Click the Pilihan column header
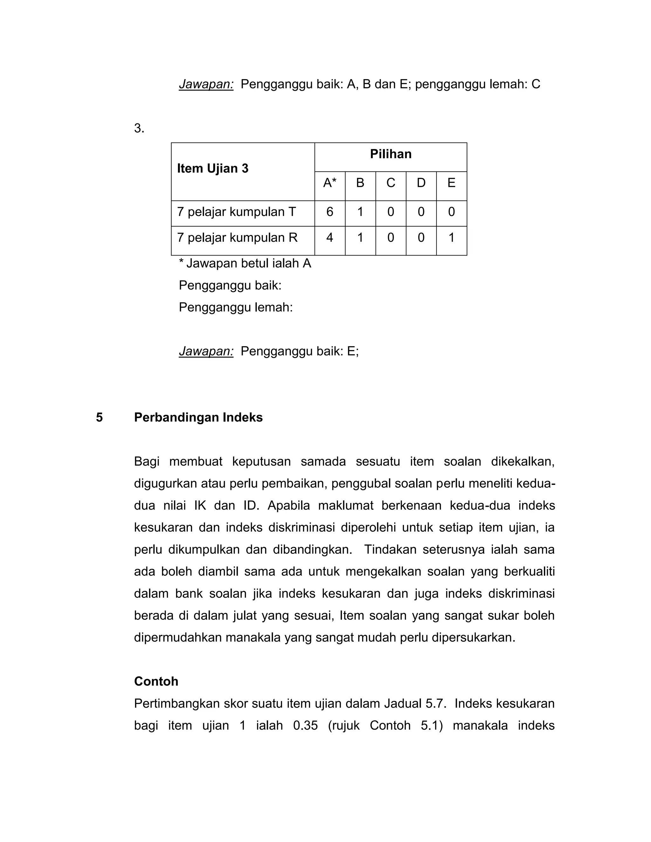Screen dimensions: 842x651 pyautogui.click(x=390, y=154)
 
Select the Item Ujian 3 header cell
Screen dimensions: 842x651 pyautogui.click(x=213, y=168)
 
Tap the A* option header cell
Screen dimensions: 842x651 pyautogui.click(x=330, y=183)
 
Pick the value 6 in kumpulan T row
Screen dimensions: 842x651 pyautogui.click(x=330, y=212)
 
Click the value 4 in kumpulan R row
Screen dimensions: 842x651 pyautogui.click(x=330, y=237)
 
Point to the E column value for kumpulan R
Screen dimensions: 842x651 pyautogui.click(x=451, y=237)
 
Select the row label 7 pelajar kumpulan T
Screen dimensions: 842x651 pyautogui.click(x=236, y=212)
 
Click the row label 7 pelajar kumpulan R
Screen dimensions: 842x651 pyautogui.click(x=237, y=237)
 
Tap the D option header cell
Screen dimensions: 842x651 pyautogui.click(x=421, y=183)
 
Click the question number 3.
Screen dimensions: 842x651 pyautogui.click(x=139, y=128)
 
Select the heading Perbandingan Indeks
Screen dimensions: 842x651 pyautogui.click(x=198, y=418)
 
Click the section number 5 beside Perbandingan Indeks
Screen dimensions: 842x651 pyautogui.click(x=99, y=418)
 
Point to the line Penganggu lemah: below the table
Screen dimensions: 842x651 pyautogui.click(x=236, y=308)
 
